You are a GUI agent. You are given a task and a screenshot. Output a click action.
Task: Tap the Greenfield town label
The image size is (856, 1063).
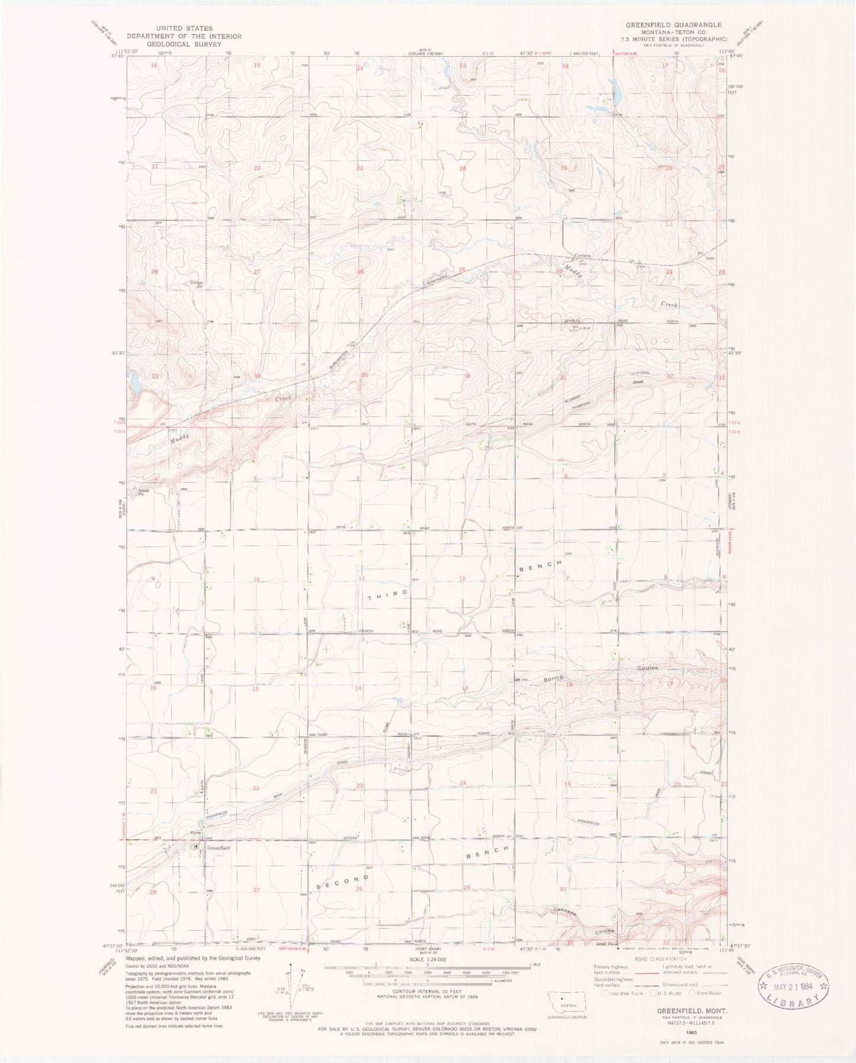(217, 848)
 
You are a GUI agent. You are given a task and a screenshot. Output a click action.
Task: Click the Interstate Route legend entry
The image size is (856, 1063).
(624, 994)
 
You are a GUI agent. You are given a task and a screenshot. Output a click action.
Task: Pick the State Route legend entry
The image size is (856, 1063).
(705, 994)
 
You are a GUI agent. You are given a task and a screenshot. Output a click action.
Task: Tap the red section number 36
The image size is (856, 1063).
(467, 376)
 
